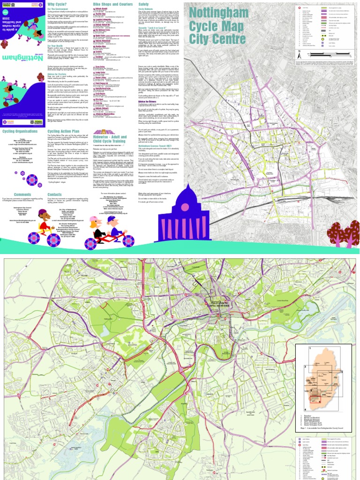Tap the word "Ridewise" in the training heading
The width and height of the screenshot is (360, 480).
coord(103,131)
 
